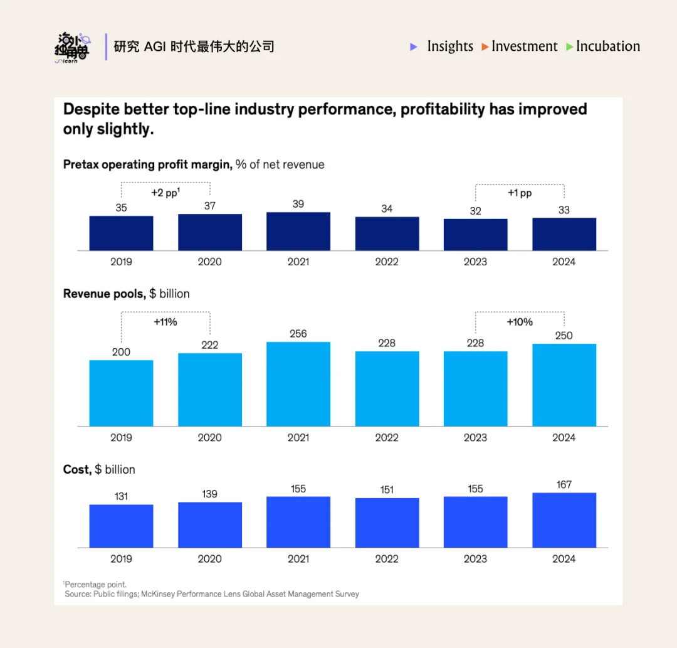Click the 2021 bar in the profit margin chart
[298, 231]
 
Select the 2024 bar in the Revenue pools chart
[564, 385]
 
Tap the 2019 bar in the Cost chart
[121, 526]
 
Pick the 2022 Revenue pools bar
[387, 389]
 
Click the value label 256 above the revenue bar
[298, 334]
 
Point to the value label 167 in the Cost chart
[564, 485]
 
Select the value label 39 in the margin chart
[298, 204]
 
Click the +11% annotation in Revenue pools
[165, 322]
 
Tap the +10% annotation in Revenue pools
[520, 322]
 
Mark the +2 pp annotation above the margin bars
[165, 193]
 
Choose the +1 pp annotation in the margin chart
[520, 193]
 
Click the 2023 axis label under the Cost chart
[475, 559]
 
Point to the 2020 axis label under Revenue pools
[209, 437]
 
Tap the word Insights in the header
[450, 46]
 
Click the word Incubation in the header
[608, 46]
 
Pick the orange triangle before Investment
[485, 47]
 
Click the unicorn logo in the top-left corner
[71, 48]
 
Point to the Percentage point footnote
[95, 585]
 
